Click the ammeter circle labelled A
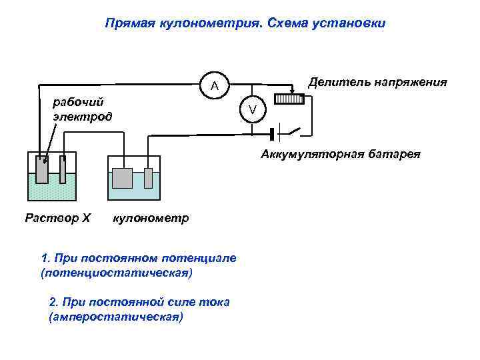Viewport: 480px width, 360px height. [214, 85]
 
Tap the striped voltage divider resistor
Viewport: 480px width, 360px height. [289, 99]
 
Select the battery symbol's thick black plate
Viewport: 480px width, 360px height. [273, 133]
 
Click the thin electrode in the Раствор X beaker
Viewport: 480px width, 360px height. [63, 169]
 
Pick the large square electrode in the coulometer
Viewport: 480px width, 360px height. [123, 179]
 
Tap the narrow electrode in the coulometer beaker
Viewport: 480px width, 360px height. [149, 179]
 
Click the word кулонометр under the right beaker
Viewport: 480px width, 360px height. [151, 218]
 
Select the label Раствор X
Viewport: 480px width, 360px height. [57, 217]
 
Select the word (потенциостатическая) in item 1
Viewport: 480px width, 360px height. [116, 273]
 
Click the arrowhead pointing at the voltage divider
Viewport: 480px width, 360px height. [291, 93]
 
